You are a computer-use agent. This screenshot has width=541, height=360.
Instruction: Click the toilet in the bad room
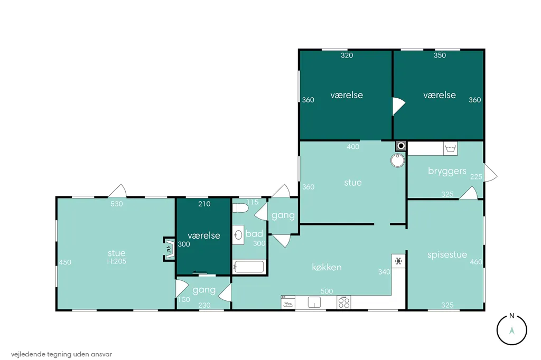pyautogui.click(x=240, y=208)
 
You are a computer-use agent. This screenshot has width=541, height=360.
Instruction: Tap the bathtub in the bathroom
pyautogui.click(x=249, y=267)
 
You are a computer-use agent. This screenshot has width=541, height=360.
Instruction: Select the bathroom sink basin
pyautogui.click(x=238, y=235)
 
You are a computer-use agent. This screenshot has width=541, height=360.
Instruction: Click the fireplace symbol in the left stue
pyautogui.click(x=169, y=249)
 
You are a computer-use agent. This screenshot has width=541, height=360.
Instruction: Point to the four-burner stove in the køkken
pyautogui.click(x=343, y=302)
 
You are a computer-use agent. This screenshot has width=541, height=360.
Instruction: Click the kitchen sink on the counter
pyautogui.click(x=314, y=302)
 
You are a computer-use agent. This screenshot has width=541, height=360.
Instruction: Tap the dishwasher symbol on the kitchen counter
pyautogui.click(x=288, y=302)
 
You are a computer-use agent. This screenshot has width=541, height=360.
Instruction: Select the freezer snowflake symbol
pyautogui.click(x=398, y=261)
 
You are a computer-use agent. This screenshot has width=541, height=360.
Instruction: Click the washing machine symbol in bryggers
pyautogui.click(x=450, y=149)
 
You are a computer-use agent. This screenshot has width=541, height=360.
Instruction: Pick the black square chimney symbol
pyautogui.click(x=401, y=146)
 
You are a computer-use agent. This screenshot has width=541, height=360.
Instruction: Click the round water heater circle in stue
pyautogui.click(x=397, y=160)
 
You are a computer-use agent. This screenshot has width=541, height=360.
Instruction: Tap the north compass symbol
pyautogui.click(x=511, y=329)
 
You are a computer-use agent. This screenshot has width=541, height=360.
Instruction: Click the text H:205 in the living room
pyautogui.click(x=117, y=261)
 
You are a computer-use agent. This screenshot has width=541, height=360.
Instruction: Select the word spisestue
pyautogui.click(x=447, y=255)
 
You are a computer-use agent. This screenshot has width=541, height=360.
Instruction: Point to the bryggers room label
pyautogui.click(x=447, y=171)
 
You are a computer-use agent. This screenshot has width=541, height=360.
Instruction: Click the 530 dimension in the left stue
pyautogui.click(x=117, y=204)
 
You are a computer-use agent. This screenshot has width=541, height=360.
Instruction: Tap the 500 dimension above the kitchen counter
pyautogui.click(x=327, y=291)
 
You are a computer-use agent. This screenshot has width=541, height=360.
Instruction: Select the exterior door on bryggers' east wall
pyautogui.click(x=490, y=173)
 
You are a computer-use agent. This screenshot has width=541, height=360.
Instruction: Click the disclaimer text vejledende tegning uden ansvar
pyautogui.click(x=61, y=354)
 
